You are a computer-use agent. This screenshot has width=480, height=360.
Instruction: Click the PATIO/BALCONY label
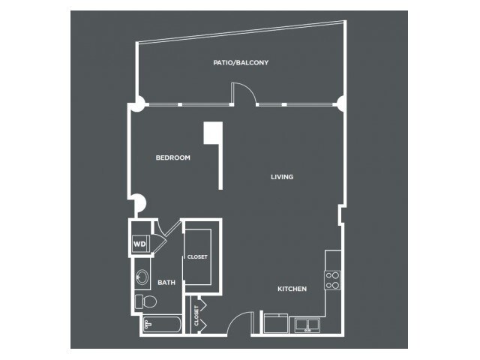pyautogui.click(x=241, y=63)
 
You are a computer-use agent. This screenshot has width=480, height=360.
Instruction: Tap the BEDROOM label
pyautogui.click(x=173, y=157)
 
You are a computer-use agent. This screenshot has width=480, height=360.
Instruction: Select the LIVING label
pyautogui.click(x=282, y=177)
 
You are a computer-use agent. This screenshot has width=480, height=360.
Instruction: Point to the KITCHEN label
pyautogui.click(x=292, y=289)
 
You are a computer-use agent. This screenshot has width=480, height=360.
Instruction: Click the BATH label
pyautogui.click(x=166, y=283)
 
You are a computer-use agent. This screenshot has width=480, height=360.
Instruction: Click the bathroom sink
pyautogui.click(x=142, y=277)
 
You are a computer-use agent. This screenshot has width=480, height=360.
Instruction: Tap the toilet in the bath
pyautogui.click(x=145, y=301)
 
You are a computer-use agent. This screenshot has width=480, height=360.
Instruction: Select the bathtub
pyautogui.click(x=162, y=324)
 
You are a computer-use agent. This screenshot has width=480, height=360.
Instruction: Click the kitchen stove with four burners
pyautogui.click(x=332, y=280)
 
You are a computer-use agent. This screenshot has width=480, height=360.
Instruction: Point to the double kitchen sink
pyautogui.click(x=307, y=325)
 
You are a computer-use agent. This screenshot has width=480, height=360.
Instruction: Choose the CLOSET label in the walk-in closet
pyautogui.click(x=197, y=257)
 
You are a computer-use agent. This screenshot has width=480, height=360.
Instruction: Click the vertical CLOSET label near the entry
pyautogui.click(x=196, y=316)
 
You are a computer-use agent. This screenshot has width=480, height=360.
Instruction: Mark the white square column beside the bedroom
pyautogui.click(x=213, y=133)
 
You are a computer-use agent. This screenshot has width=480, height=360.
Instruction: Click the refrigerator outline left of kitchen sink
pyautogui.click(x=276, y=323)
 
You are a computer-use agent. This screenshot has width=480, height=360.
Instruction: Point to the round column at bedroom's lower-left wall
pyautogui.click(x=140, y=203)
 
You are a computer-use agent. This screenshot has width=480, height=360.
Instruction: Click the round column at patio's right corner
pyautogui.click(x=340, y=104)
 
